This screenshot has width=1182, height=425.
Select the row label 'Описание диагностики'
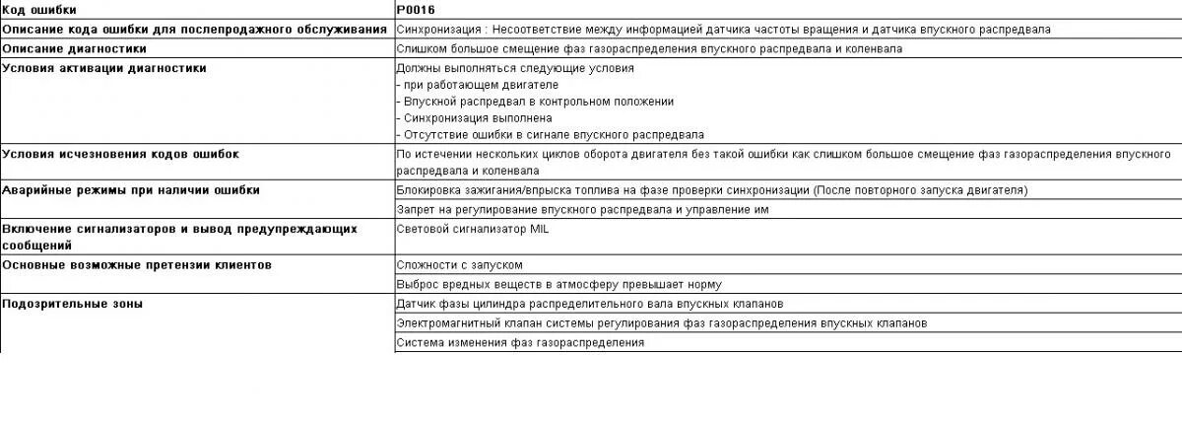click(75, 47)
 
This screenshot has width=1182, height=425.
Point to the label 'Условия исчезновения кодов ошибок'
click(120, 154)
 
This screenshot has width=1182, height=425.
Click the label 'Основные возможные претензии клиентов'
click(137, 265)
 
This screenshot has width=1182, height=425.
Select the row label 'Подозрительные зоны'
click(73, 304)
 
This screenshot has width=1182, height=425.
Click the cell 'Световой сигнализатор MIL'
click(472, 229)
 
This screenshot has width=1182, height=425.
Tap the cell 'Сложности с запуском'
click(459, 265)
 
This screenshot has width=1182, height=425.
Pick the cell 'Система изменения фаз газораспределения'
click(520, 342)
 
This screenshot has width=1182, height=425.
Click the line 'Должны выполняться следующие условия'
click(514, 68)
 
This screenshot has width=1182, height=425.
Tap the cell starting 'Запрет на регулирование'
click(581, 209)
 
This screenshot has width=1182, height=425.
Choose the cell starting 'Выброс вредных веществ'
click(559, 284)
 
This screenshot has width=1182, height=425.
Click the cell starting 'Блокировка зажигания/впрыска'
click(711, 189)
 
